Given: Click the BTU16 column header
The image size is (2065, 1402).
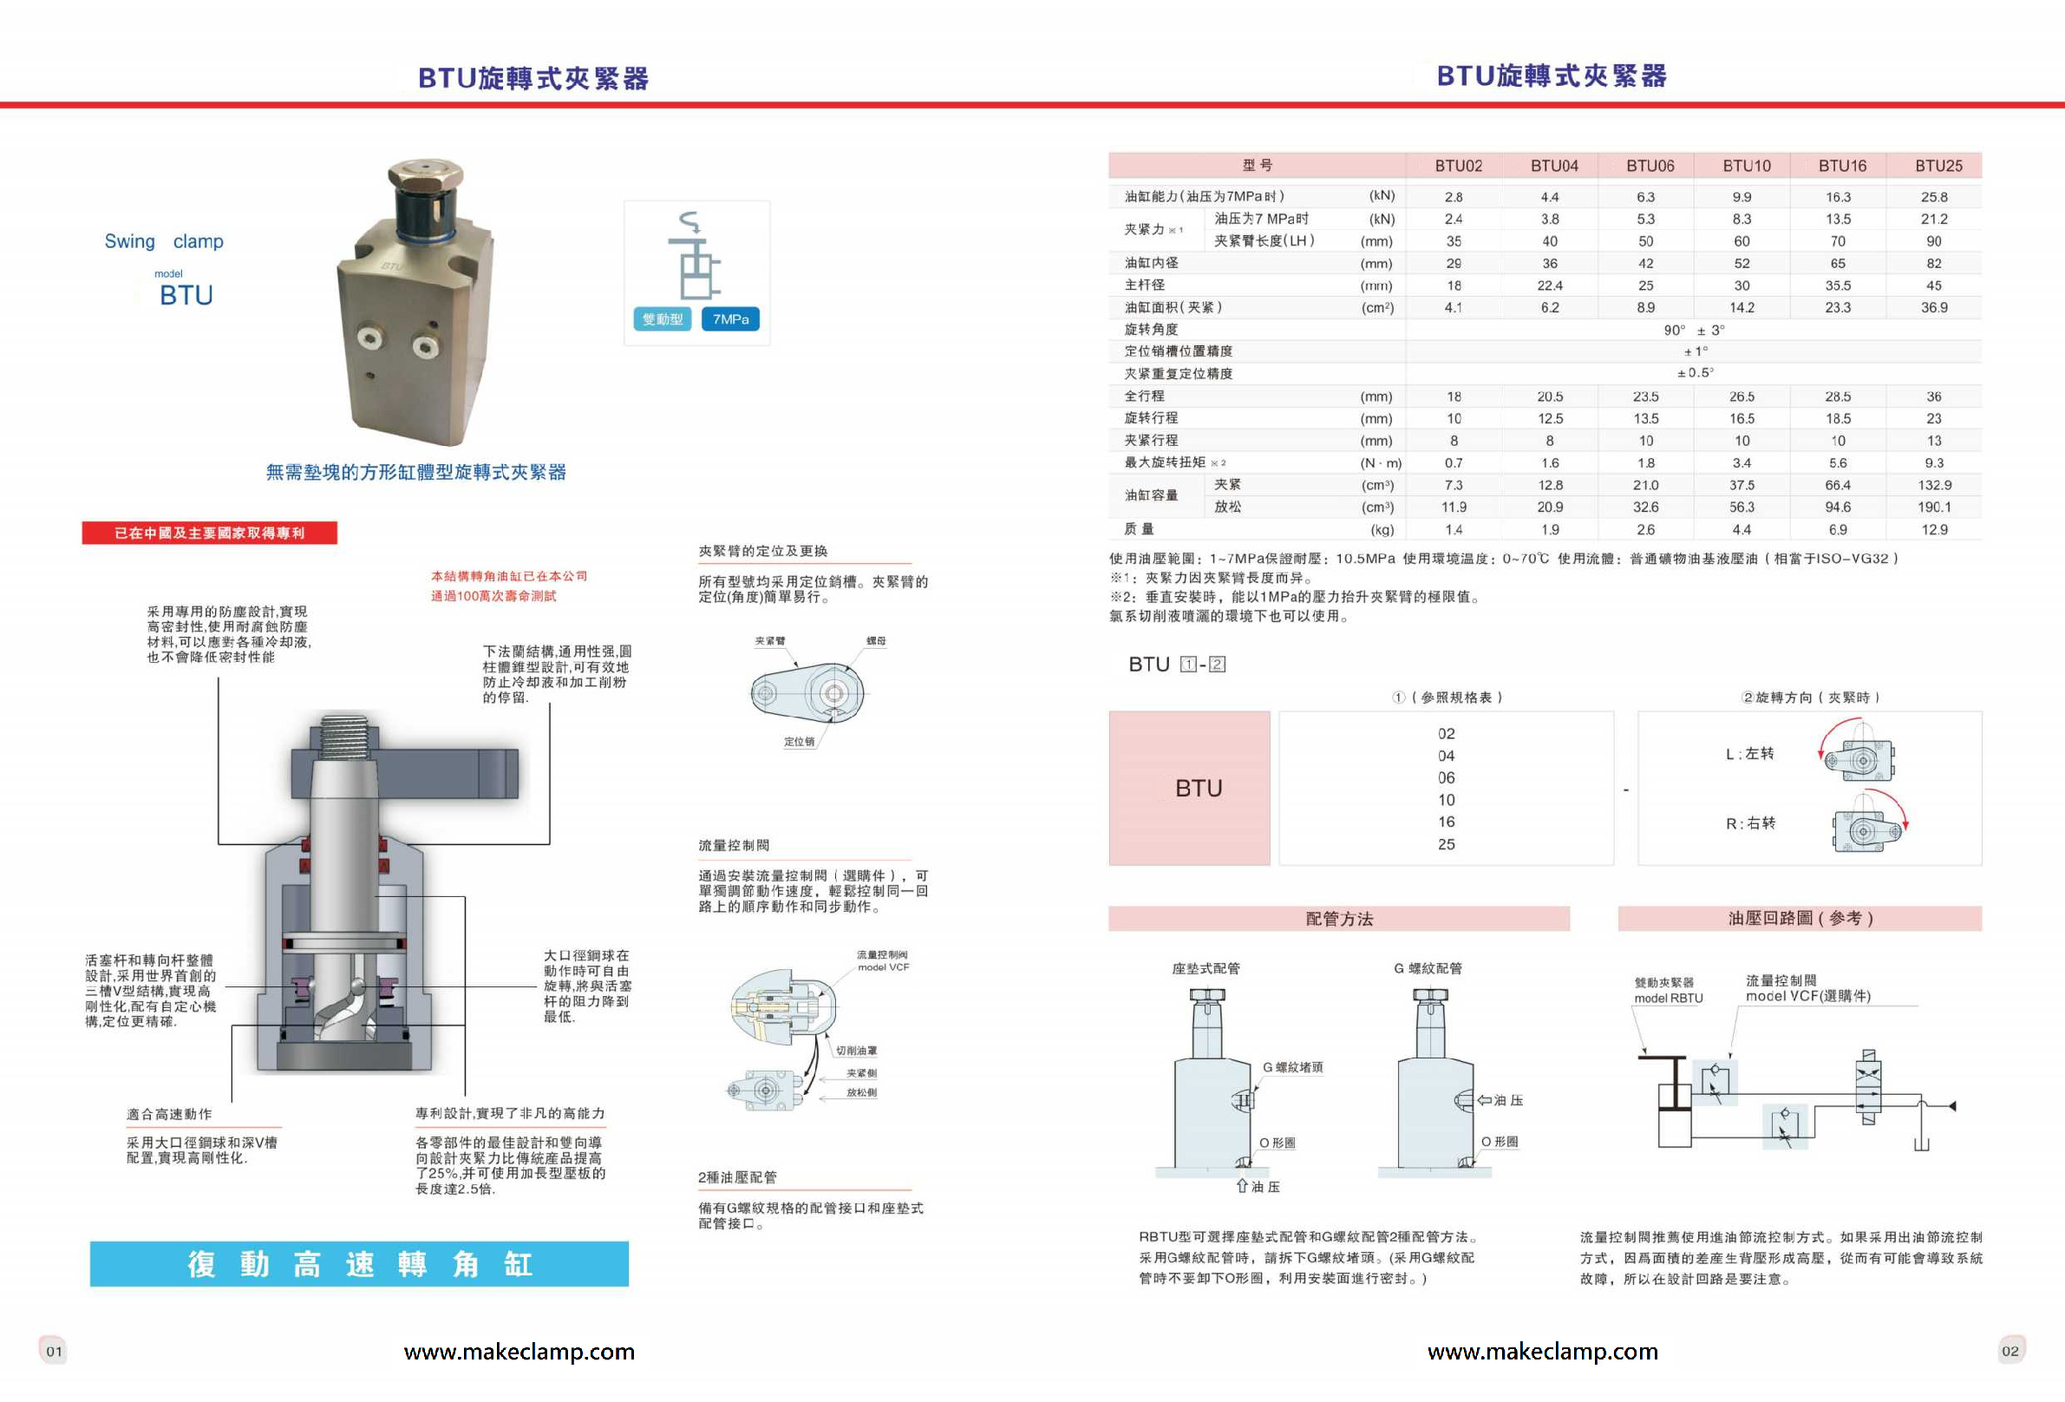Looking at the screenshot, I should pyautogui.click(x=1842, y=167).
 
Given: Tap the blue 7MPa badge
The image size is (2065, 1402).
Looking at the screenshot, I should pyautogui.click(x=730, y=319).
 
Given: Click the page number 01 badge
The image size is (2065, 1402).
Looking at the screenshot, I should pyautogui.click(x=54, y=1352).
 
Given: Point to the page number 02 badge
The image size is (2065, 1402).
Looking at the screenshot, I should pyautogui.click(x=2009, y=1352).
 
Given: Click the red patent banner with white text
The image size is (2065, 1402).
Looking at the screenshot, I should pyautogui.click(x=210, y=533).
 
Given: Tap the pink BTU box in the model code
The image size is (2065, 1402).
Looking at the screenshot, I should pyautogui.click(x=1189, y=788).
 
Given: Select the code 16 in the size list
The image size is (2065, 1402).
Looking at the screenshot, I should pyautogui.click(x=1446, y=822).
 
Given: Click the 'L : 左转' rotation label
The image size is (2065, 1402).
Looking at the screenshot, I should pyautogui.click(x=1748, y=754).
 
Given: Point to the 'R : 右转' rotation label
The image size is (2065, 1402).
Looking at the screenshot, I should pyautogui.click(x=1749, y=823).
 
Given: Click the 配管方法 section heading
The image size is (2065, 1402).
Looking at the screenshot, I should pyautogui.click(x=1338, y=920).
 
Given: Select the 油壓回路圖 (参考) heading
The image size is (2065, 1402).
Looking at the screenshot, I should pyautogui.click(x=1800, y=919).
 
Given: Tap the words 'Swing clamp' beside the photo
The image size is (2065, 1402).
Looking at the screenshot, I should pyautogui.click(x=164, y=242).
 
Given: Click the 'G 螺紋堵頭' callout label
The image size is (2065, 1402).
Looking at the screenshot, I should pyautogui.click(x=1292, y=1067).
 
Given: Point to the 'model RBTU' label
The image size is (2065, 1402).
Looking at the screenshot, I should pyautogui.click(x=1668, y=999).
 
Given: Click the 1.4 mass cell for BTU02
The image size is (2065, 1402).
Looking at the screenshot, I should pyautogui.click(x=1454, y=530).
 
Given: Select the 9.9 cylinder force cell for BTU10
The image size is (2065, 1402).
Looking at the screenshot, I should pyautogui.click(x=1741, y=197).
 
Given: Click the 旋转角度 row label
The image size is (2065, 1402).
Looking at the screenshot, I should pyautogui.click(x=1151, y=330).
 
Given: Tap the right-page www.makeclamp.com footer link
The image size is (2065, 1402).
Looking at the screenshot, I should pyautogui.click(x=1542, y=1353).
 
